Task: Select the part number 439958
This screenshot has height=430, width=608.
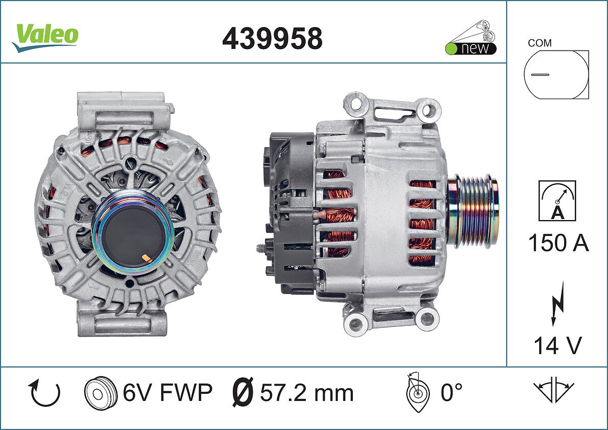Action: pos(272,38)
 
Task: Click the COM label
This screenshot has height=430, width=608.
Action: pos(540,43)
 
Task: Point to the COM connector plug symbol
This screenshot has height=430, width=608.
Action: pos(556,74)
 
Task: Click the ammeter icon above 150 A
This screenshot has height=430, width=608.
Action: pos(557,201)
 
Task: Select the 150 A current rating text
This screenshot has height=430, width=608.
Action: pos(558,243)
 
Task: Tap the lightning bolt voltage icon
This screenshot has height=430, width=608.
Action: pos(557,304)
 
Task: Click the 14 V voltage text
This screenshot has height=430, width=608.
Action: pos(557,345)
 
